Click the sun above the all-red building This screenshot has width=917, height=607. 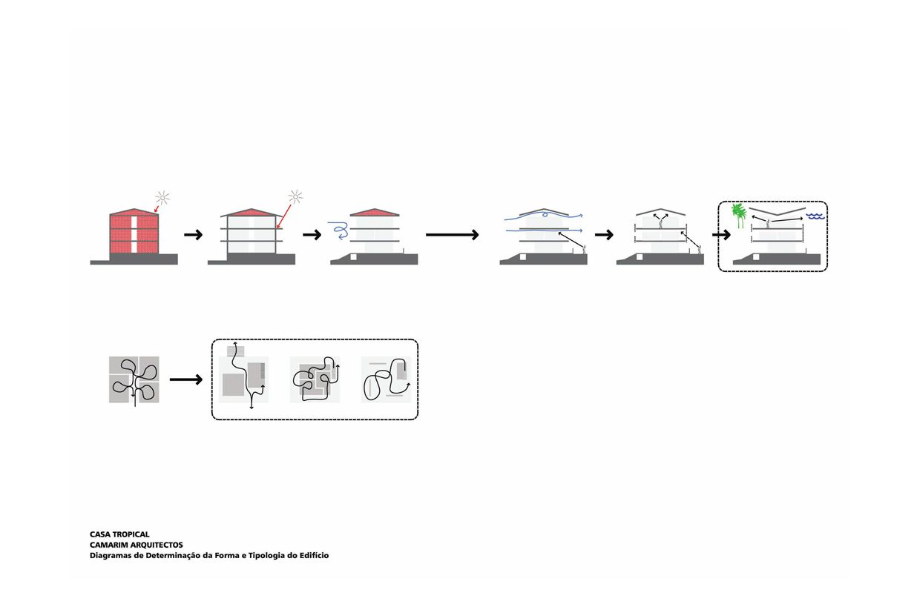[x=162, y=198]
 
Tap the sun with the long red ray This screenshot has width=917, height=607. [x=296, y=196]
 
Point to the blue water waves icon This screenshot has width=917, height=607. [x=815, y=216]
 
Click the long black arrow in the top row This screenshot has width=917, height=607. [x=453, y=235]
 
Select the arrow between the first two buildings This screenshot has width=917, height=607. [x=193, y=235]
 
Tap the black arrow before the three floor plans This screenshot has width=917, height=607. [x=185, y=380]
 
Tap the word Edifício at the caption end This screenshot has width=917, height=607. [x=312, y=555]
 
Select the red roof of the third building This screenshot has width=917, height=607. [x=374, y=213]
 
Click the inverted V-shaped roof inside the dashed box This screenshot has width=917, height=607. [x=777, y=212]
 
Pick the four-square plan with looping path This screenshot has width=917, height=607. [x=134, y=380]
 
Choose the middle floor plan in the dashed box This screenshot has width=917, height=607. [x=315, y=380]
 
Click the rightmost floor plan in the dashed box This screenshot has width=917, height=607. [x=386, y=380]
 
